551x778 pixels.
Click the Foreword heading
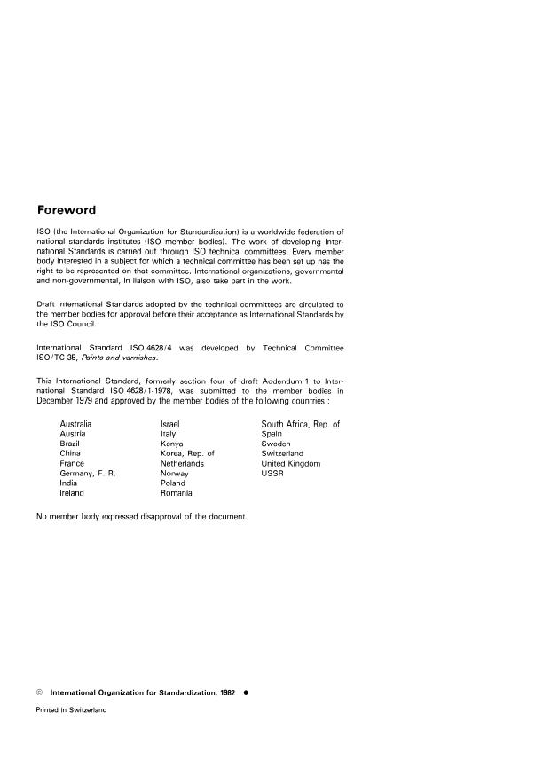click(67, 210)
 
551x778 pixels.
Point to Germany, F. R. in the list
click(88, 474)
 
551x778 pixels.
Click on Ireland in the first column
click(72, 493)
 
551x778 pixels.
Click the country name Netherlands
click(182, 464)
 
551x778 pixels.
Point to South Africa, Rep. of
click(300, 424)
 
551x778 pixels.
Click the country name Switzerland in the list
click(282, 453)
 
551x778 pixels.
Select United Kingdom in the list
click(290, 464)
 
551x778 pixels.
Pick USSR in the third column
click(272, 474)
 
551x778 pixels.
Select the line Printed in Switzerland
click(71, 710)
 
